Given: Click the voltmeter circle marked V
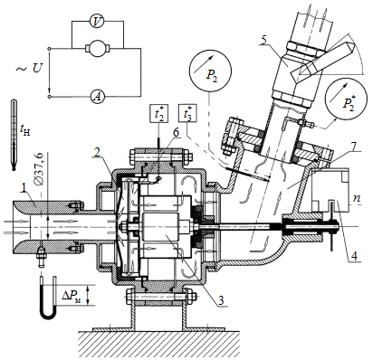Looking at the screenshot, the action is point(97,22).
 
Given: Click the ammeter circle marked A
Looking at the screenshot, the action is point(97,97).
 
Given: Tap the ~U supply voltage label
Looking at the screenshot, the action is point(28,69).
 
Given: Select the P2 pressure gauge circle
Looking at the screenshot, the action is point(210,71).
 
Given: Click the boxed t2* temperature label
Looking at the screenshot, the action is point(158,113).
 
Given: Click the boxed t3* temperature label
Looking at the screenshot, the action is point(187,113).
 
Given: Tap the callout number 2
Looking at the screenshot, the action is point(96,153).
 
